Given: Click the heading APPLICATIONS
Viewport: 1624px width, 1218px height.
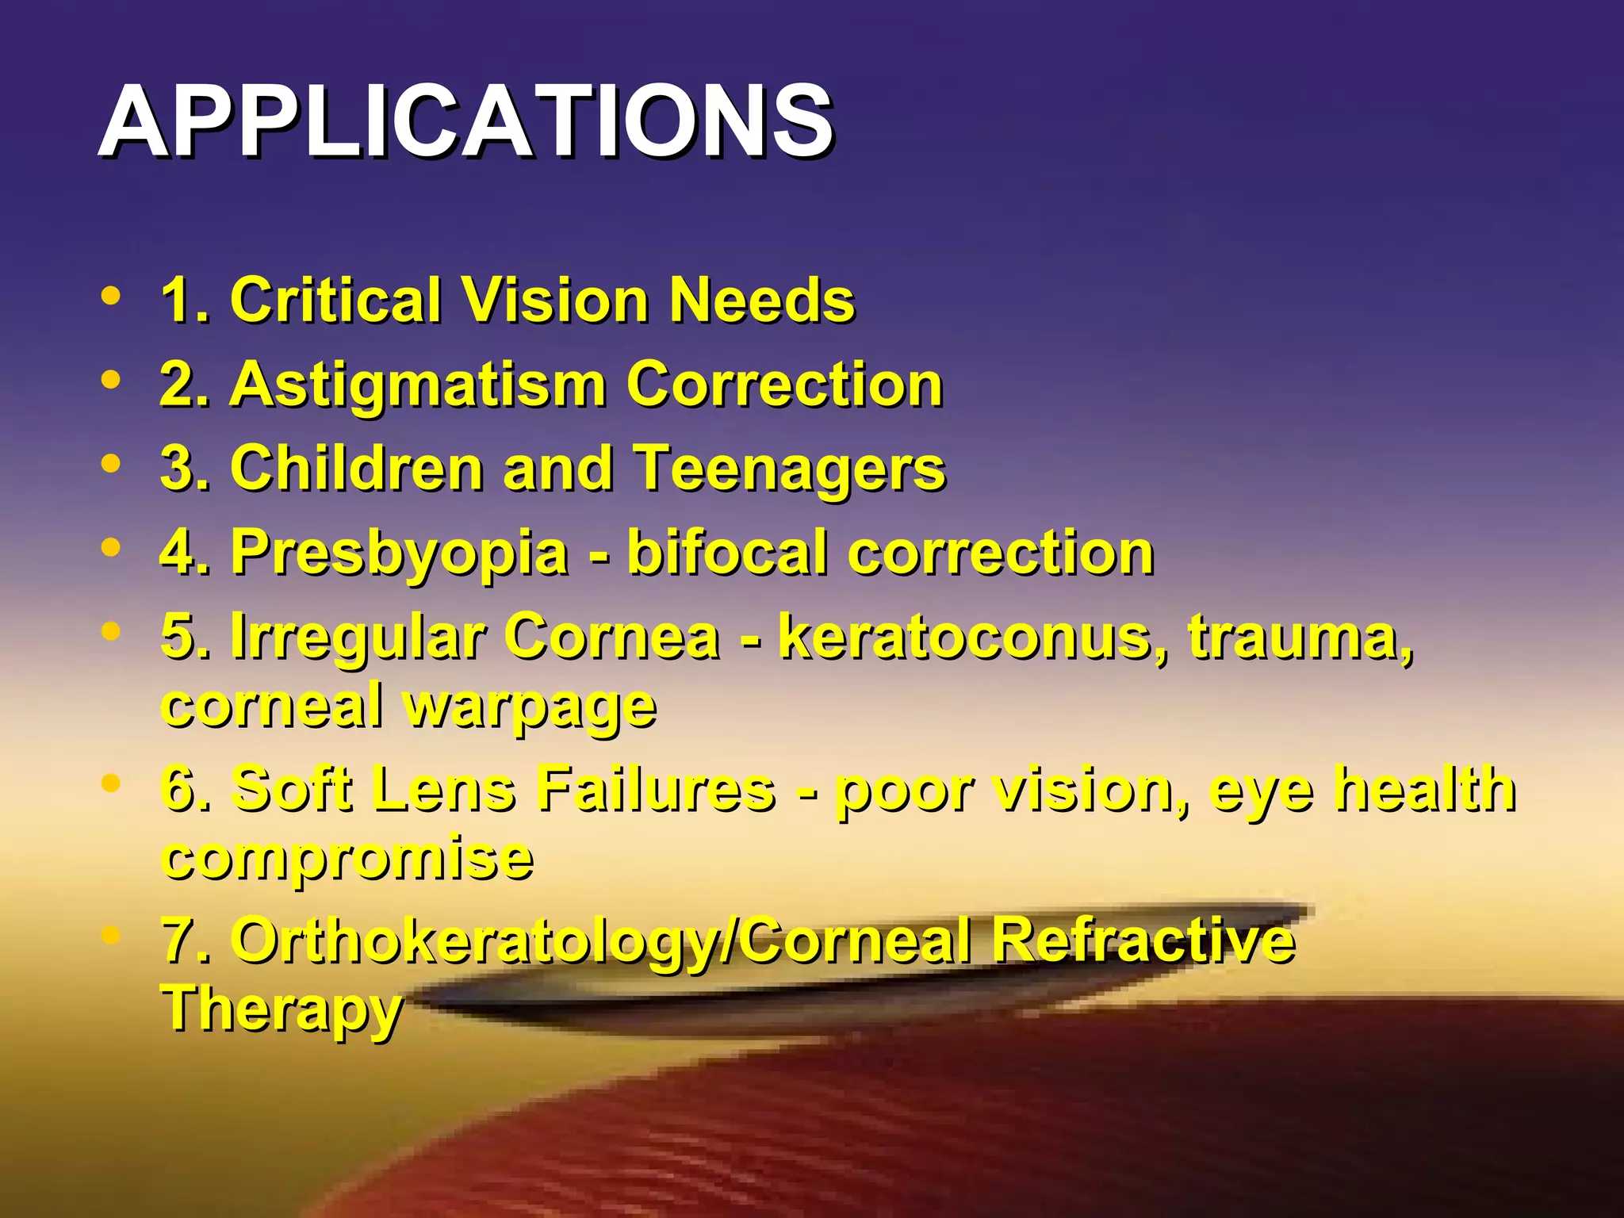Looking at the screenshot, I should [x=465, y=121].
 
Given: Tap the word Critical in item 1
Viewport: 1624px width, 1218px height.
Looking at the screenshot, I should [x=335, y=301].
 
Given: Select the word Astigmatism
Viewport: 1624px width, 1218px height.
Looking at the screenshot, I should [x=419, y=385].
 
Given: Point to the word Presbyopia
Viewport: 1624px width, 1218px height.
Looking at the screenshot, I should [x=400, y=553].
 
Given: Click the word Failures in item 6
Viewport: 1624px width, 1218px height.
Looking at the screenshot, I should [x=656, y=789].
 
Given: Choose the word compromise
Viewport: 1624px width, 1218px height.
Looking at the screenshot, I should [x=347, y=858].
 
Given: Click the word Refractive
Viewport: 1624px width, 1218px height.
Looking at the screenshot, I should [x=1143, y=940].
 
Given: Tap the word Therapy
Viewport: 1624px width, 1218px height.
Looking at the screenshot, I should [x=282, y=1009].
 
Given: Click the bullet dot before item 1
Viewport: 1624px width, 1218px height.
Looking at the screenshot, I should [x=112, y=296].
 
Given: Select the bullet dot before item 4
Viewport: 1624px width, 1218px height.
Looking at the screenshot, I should [x=112, y=547].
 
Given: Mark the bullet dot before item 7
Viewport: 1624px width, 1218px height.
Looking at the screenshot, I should [x=112, y=936].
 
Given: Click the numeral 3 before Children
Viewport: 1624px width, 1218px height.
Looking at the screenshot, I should [x=176, y=468].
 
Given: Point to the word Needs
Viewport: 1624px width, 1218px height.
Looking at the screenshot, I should [x=762, y=301].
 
